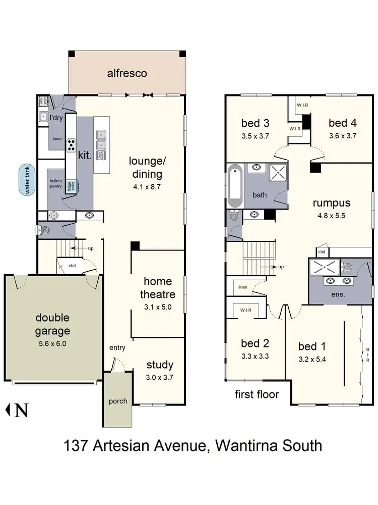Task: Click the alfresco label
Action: (x=127, y=73)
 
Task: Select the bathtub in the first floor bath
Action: (x=235, y=185)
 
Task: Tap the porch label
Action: (x=117, y=401)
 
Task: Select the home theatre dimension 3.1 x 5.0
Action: (x=158, y=306)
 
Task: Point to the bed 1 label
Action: (x=311, y=346)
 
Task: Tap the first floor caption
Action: (x=257, y=394)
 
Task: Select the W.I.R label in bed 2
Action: (x=245, y=310)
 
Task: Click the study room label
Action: (x=160, y=365)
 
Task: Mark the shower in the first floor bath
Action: (x=278, y=173)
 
